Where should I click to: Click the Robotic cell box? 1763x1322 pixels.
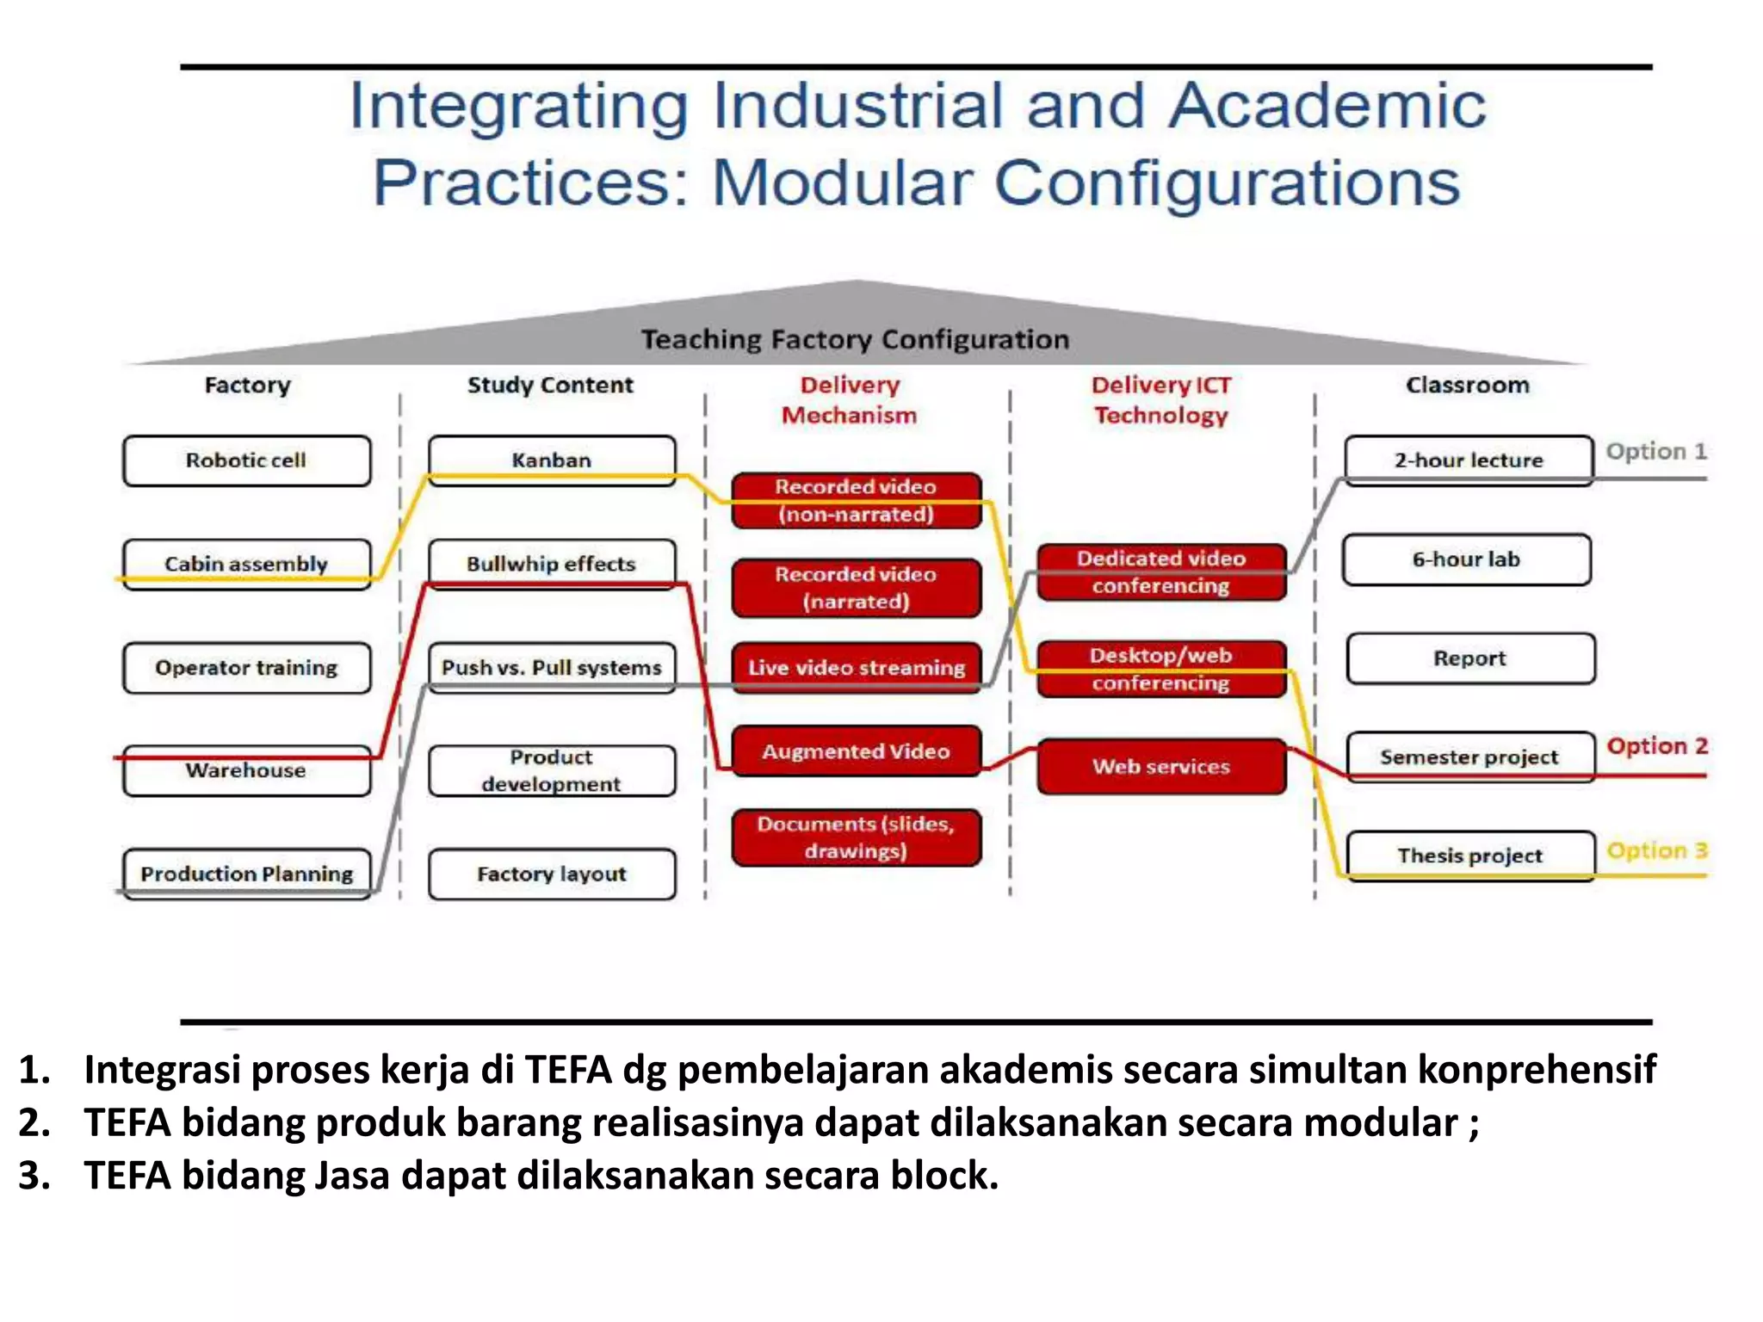246,460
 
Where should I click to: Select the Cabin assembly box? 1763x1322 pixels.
246,564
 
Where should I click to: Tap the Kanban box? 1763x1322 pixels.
551,460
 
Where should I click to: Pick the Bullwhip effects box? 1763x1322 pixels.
551,564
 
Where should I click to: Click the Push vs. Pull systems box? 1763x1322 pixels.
551,667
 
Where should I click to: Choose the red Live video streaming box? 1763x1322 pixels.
856,667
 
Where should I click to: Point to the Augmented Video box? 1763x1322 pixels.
856,751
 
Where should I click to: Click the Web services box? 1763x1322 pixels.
1160,766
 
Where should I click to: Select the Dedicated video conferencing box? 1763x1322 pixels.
1160,571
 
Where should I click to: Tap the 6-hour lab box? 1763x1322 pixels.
1466,559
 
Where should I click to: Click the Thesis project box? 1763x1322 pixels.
1469,855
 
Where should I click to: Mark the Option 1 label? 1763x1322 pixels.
1655,451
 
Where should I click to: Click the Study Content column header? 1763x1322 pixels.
550,385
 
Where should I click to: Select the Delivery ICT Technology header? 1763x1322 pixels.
1160,400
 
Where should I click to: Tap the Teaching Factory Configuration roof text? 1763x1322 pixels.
855,339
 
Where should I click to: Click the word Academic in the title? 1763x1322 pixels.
1327,106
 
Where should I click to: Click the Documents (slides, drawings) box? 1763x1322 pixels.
856,837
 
